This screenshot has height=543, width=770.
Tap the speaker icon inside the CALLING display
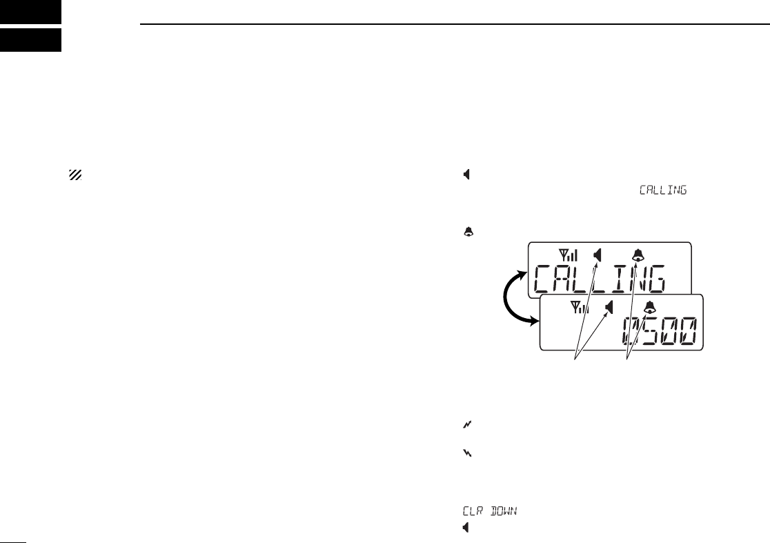[x=598, y=255]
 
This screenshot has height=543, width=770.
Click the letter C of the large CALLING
[x=545, y=282]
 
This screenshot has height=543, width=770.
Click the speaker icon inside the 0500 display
[x=609, y=307]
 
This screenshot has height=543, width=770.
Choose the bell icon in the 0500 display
[x=649, y=308]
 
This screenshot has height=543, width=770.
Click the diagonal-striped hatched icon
[x=75, y=176]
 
